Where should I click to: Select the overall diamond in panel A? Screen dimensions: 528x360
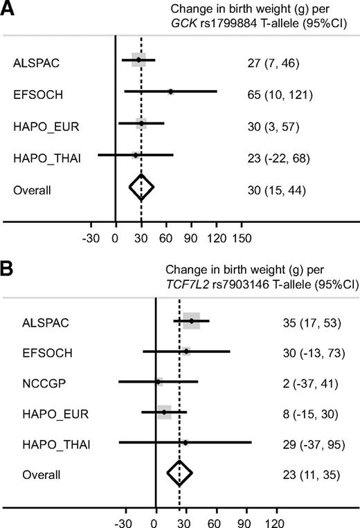(141, 188)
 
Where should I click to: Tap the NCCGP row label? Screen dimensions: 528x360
(32, 382)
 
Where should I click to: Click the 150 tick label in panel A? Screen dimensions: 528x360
(242, 238)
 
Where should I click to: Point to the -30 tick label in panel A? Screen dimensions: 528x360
(91, 238)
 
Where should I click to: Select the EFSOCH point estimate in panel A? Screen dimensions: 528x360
(170, 91)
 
